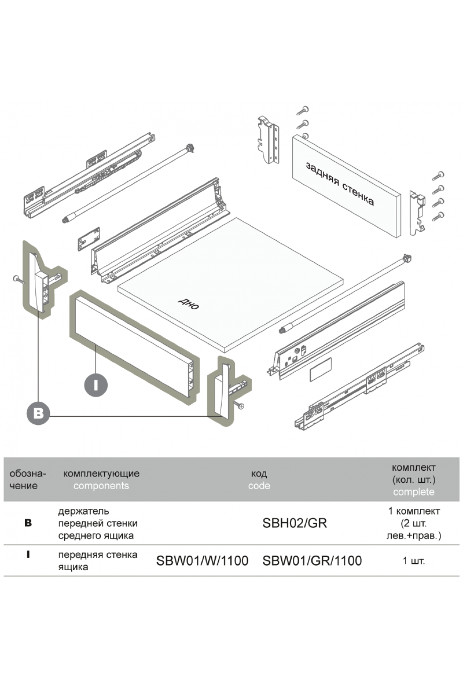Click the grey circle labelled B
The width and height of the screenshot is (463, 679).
click(38, 414)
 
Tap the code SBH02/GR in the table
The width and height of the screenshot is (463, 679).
click(294, 523)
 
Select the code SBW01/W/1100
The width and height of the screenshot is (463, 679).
click(202, 561)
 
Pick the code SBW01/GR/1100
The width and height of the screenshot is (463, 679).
click(312, 561)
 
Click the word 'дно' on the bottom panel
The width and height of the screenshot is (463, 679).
click(189, 304)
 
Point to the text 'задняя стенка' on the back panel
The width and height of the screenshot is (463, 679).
click(340, 184)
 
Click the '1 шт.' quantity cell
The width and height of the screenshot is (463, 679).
click(414, 561)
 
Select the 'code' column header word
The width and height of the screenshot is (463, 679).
click(259, 486)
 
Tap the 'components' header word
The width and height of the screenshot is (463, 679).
click(101, 486)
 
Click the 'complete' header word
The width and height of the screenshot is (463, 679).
click(414, 492)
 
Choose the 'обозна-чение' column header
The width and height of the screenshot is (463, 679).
click(27, 480)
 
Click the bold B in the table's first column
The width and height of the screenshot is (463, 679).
click(28, 524)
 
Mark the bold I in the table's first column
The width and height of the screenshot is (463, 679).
click(28, 555)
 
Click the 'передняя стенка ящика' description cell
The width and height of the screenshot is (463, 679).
click(98, 561)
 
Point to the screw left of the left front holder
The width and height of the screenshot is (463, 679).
click(18, 279)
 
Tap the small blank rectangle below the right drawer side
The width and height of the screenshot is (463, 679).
click(321, 369)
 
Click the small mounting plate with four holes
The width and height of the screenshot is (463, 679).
click(89, 239)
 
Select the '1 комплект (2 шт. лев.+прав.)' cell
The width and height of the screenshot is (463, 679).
click(414, 523)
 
